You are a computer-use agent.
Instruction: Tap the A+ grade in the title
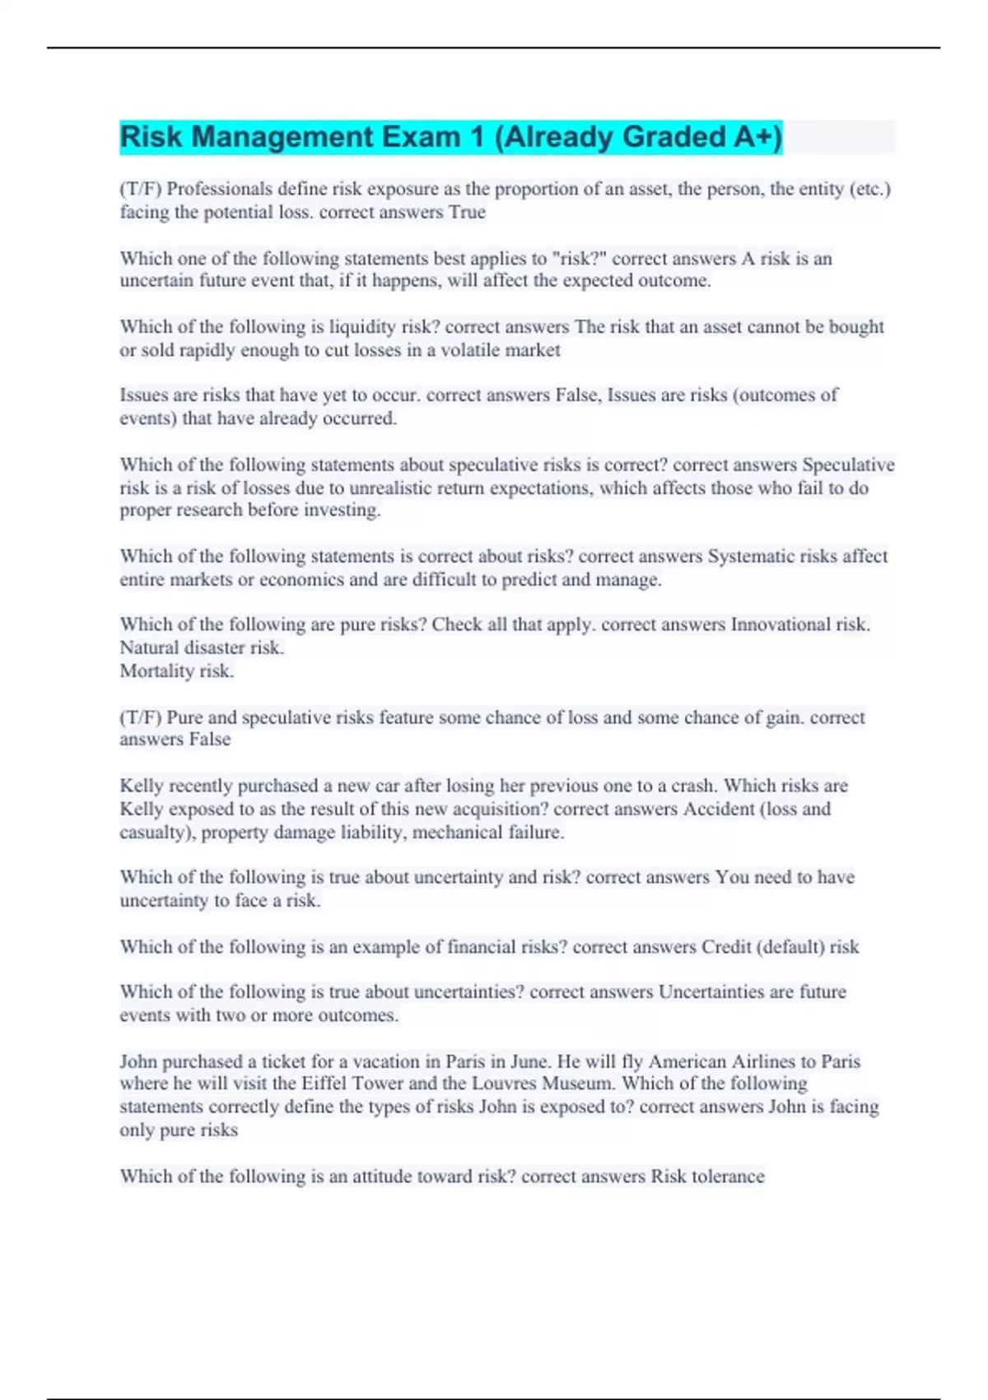pos(756,137)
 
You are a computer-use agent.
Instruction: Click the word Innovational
pos(781,625)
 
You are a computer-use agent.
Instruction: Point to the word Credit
pos(726,947)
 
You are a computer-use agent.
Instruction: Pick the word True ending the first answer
pos(467,212)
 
